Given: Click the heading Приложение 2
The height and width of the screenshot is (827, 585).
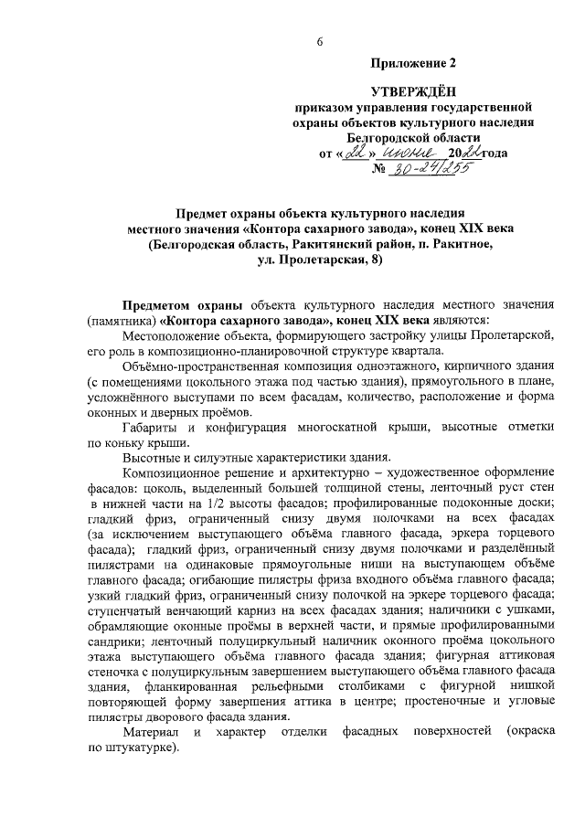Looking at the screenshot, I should pos(412,63).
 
